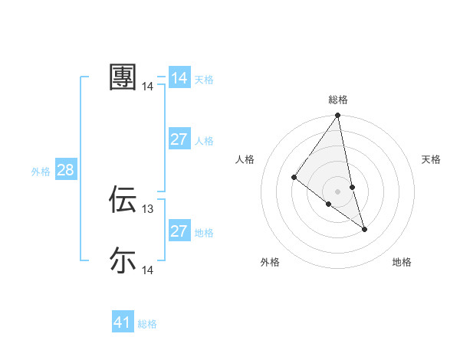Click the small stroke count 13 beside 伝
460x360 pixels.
(148, 208)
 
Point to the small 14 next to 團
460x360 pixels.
(148, 87)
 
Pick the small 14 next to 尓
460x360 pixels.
(148, 270)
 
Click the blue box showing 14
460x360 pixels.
(179, 78)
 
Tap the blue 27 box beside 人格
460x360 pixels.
(179, 139)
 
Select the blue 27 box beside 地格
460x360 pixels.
(179, 231)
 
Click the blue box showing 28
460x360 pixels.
(65, 170)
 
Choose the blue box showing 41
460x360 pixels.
(123, 322)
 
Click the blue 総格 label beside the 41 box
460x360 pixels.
(147, 324)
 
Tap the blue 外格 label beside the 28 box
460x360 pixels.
(41, 172)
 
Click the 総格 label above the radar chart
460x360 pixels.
(338, 100)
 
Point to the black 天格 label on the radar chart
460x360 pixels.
(432, 159)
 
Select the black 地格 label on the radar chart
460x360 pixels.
(402, 262)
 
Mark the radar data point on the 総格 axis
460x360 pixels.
(338, 116)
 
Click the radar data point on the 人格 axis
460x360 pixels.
(294, 178)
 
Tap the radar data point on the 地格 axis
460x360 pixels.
(364, 229)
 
